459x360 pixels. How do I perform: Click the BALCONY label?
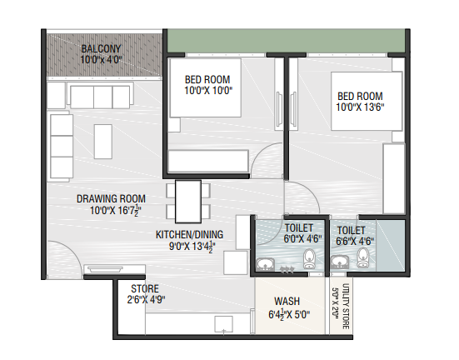pos(101,48)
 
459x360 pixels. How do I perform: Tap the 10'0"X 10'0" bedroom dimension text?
pos(208,91)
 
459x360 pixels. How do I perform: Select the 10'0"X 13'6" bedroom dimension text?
pos(360,107)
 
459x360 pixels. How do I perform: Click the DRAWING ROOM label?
pos(111,199)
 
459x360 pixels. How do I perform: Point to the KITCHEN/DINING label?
pos(189,235)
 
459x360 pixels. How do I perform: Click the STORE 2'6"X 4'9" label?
pos(146,294)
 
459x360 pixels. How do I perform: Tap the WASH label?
pos(287,301)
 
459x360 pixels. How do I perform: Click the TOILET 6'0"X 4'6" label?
pos(302,233)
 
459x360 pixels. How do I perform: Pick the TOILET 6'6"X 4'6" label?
pos(355,236)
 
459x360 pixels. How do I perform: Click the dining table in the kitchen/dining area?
pos(188,202)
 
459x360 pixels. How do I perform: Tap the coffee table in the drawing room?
pos(103,142)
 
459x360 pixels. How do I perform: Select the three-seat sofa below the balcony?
pos(100,96)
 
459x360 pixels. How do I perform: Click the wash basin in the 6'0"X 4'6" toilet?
pos(265,264)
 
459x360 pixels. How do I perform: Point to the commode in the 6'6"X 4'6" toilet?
pos(362,257)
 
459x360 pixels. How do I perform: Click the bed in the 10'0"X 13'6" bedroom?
pos(367,101)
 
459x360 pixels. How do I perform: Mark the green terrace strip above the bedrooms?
pos(286,41)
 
